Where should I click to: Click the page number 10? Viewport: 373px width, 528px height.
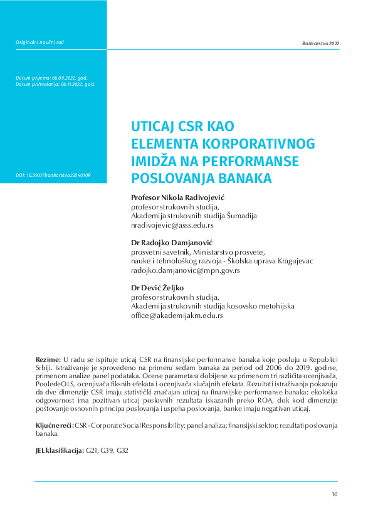(335, 495)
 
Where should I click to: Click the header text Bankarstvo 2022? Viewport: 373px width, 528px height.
(320, 43)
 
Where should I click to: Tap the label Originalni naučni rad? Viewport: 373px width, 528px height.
(39, 43)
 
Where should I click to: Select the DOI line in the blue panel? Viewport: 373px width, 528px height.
(53, 175)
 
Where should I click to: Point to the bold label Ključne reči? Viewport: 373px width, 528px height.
(55, 426)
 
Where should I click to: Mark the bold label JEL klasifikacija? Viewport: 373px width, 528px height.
(60, 450)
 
